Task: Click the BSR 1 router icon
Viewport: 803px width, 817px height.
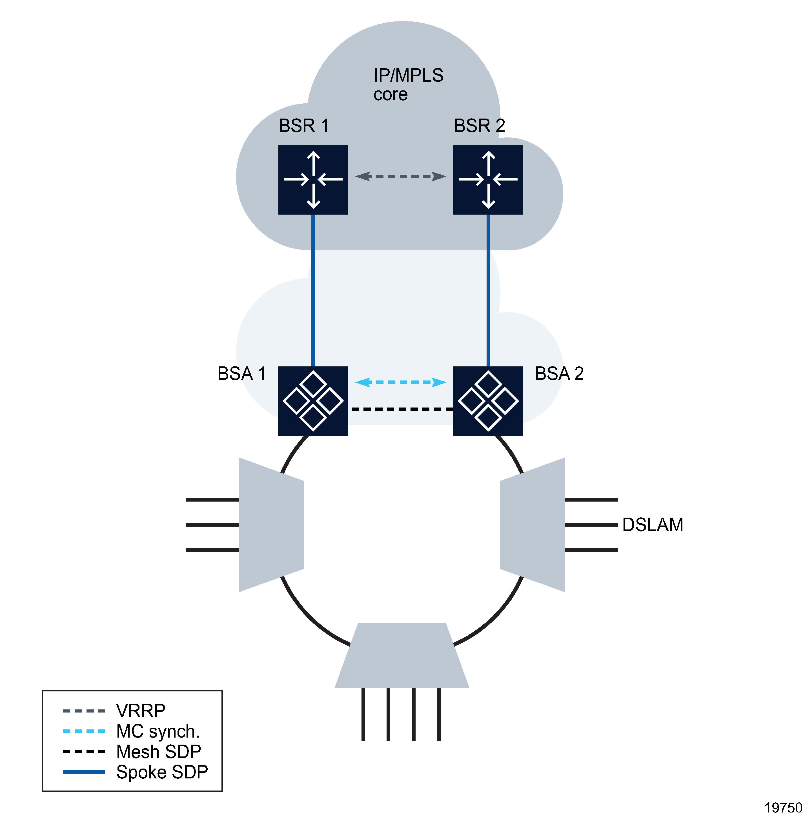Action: tap(313, 180)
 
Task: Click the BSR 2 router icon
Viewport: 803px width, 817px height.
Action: tap(488, 180)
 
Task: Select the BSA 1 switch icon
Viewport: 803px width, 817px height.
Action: tap(313, 401)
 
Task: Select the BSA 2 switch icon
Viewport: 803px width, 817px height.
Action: tap(488, 401)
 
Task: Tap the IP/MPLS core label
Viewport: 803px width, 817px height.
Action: tap(407, 84)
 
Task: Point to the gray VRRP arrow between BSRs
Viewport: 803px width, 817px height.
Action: tap(400, 176)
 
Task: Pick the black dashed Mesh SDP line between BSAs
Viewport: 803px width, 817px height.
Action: tap(400, 409)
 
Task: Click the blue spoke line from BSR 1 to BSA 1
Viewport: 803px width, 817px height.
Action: tap(313, 291)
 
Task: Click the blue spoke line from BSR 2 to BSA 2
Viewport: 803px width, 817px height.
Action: tap(488, 291)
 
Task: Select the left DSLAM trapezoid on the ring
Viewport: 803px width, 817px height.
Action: tap(271, 525)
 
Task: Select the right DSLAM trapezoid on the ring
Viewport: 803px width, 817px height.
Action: tap(532, 525)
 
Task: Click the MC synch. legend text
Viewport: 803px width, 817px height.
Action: tap(158, 731)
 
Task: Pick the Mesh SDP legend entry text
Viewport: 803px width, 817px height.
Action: tap(159, 752)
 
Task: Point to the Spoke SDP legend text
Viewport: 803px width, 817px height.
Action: tap(162, 772)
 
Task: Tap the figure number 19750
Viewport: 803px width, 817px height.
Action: tap(783, 808)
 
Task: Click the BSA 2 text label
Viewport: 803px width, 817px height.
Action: tap(559, 373)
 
